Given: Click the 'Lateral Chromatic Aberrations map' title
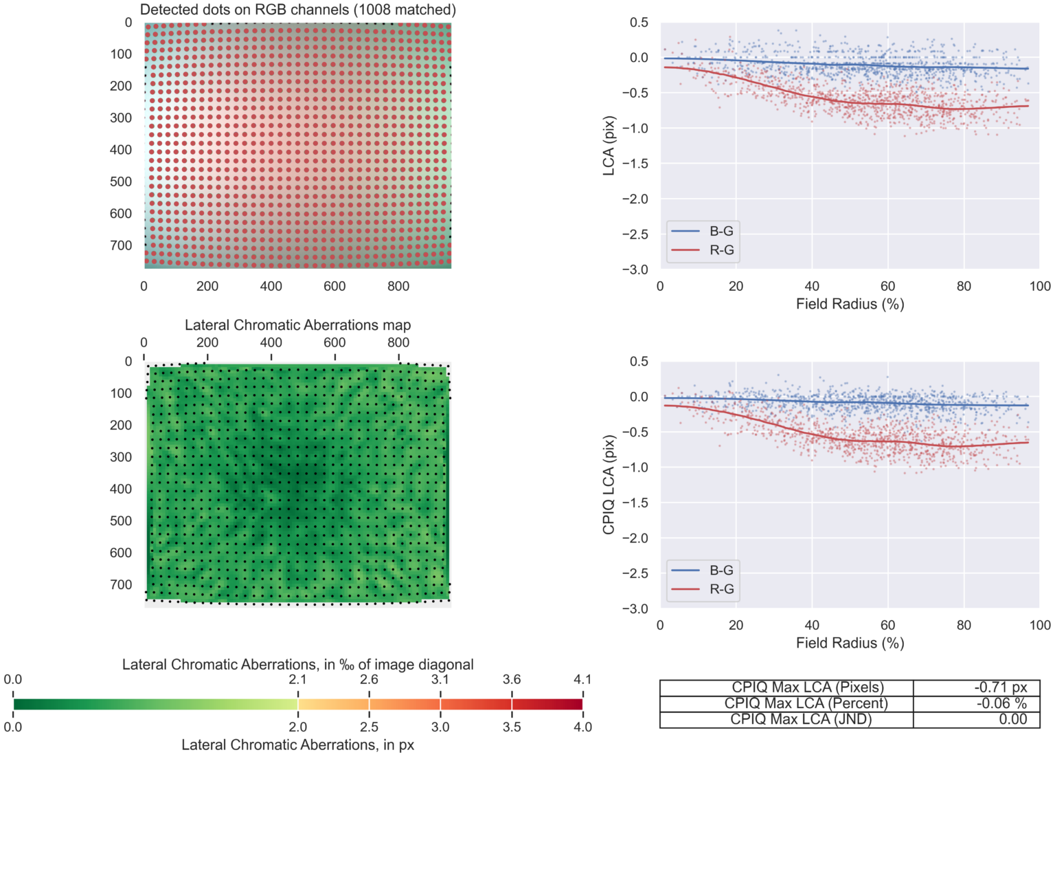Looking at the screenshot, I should (x=297, y=325).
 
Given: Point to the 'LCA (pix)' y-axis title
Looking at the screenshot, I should (x=609, y=146).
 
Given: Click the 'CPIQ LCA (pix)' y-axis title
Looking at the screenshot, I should (x=609, y=485).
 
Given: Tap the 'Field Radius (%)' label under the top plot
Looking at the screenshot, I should (x=850, y=304).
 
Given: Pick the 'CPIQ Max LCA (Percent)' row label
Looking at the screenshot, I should (x=806, y=703).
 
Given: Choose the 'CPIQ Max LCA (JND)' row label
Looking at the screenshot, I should (x=800, y=719).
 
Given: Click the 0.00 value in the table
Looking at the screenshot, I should (x=1012, y=719).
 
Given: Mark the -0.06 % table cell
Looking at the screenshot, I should (x=1001, y=703).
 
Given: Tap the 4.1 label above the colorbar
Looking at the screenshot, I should (x=582, y=679).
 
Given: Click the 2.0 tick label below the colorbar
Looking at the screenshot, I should (x=297, y=727).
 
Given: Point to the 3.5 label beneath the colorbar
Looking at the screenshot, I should (x=512, y=727).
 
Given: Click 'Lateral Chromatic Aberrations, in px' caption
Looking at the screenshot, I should (x=297, y=745).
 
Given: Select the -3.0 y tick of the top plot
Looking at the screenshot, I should (x=635, y=269).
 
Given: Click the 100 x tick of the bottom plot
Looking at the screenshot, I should (x=1039, y=625).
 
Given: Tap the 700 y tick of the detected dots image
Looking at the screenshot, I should (x=121, y=245).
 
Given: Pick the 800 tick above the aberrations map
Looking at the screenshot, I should (x=398, y=342).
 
